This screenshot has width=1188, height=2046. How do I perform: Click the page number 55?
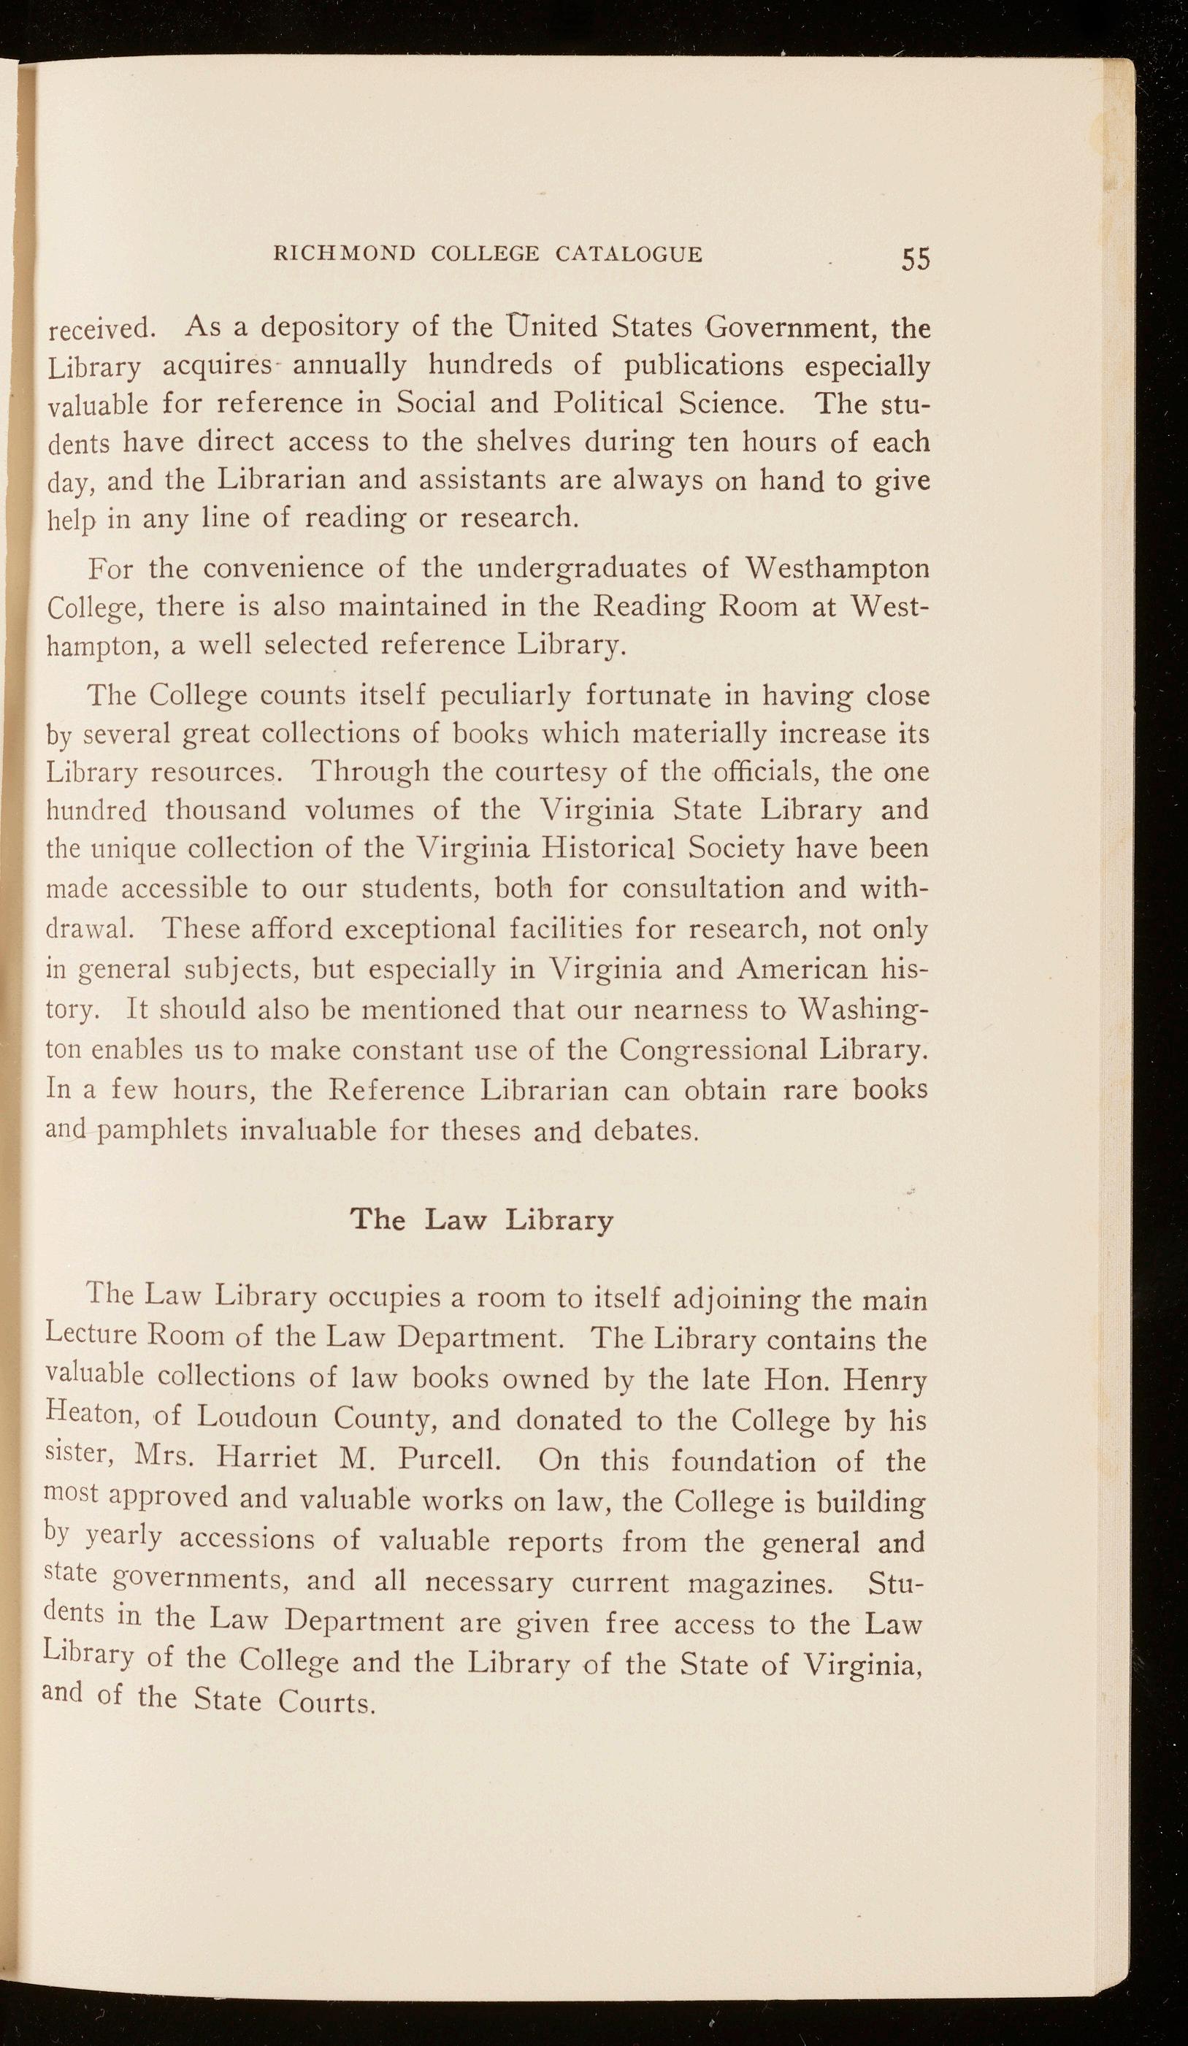[x=915, y=258]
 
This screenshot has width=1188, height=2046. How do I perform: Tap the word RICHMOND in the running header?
[x=345, y=254]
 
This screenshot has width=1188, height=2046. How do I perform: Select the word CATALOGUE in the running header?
[x=629, y=254]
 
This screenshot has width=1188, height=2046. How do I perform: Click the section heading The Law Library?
[x=481, y=1219]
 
